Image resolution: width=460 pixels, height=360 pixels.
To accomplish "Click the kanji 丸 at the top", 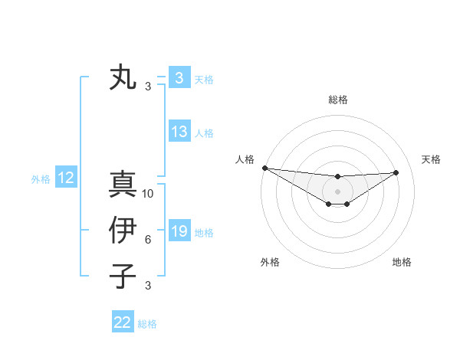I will [x=123, y=77].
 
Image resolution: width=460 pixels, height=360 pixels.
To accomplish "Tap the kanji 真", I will [x=123, y=184].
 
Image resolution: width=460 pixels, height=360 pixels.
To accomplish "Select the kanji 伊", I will [x=123, y=231].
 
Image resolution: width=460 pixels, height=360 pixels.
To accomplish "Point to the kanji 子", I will [x=123, y=277].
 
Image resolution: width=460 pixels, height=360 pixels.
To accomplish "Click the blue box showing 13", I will [x=179, y=132].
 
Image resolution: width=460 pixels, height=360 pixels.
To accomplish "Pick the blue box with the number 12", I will [x=66, y=178].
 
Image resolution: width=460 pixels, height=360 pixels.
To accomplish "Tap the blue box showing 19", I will [x=179, y=231].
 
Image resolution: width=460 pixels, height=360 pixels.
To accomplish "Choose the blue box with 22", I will [x=123, y=322].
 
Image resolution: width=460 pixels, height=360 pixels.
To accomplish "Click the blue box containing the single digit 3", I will [x=179, y=78].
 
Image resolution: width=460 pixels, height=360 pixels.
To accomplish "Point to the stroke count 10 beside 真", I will [x=149, y=194].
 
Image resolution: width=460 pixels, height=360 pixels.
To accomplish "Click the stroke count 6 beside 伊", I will [x=148, y=240].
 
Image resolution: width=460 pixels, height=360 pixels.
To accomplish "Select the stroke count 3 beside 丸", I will [x=148, y=87].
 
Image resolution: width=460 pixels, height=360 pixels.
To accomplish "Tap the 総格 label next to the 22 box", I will [x=148, y=324].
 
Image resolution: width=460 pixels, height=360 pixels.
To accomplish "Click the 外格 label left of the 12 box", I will [x=41, y=179].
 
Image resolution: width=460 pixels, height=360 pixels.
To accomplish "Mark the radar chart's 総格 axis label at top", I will [x=337, y=100].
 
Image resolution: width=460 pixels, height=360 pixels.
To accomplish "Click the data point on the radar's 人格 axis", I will [x=264, y=168].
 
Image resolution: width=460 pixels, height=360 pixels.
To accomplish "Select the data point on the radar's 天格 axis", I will [x=396, y=172].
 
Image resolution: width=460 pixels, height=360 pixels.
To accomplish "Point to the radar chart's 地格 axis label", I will [x=402, y=262].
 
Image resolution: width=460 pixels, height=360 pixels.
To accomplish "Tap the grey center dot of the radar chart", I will [x=337, y=191].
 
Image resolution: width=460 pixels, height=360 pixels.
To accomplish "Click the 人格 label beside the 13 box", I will [x=205, y=133].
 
